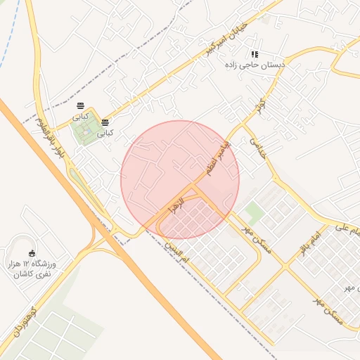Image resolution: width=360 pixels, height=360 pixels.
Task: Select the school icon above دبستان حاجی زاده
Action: click(x=255, y=54)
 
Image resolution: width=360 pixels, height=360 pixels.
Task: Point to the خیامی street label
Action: click(x=258, y=148)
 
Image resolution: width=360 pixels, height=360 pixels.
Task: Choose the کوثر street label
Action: click(x=262, y=107)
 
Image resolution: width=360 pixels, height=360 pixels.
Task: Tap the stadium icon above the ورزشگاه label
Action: click(x=31, y=254)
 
